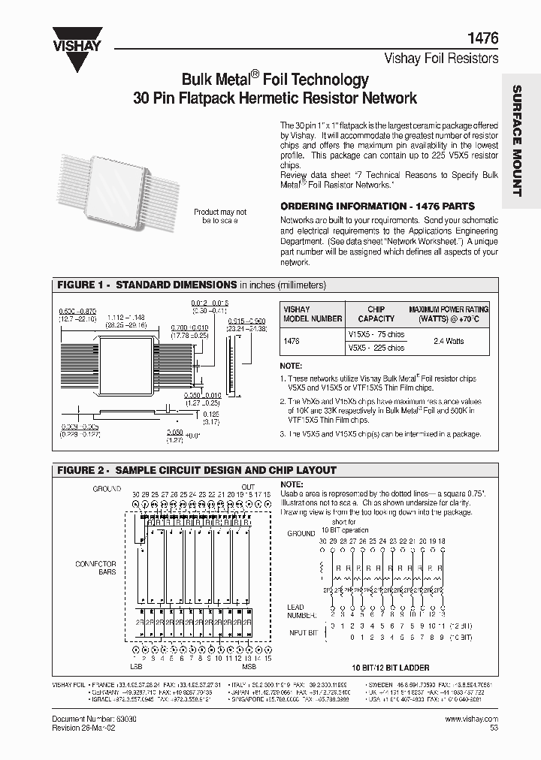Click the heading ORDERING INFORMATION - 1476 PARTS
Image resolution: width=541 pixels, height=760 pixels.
click(x=377, y=206)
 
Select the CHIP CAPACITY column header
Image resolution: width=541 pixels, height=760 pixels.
click(x=376, y=314)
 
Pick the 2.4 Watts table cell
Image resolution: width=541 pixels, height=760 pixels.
click(x=449, y=341)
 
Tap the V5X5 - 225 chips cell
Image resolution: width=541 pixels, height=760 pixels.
click(x=376, y=348)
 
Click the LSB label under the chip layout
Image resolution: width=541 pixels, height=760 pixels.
click(x=138, y=667)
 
